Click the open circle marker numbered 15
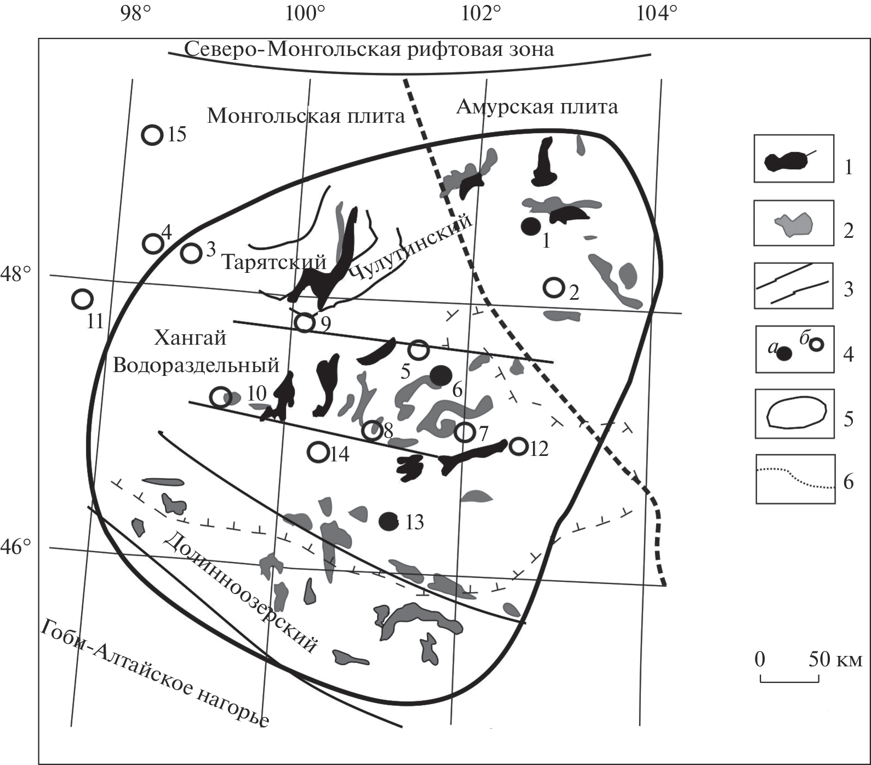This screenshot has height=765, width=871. [x=152, y=135]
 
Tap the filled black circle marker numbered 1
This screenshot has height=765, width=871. [x=530, y=226]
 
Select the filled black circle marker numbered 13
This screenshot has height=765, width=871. [x=389, y=521]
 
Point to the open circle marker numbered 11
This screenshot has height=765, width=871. [x=82, y=299]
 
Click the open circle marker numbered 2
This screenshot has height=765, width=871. [x=554, y=287]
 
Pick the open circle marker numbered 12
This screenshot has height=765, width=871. [x=518, y=447]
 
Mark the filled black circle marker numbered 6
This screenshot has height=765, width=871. [x=440, y=375]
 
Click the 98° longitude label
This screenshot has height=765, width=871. [x=136, y=13]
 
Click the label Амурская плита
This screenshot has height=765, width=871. [x=537, y=106]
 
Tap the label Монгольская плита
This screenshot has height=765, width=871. [x=306, y=116]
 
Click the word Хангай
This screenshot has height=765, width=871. [x=190, y=338]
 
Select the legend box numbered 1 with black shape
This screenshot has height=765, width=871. [x=794, y=159]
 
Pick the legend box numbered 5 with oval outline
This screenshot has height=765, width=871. [x=794, y=414]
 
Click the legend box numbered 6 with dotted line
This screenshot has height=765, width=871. [x=795, y=479]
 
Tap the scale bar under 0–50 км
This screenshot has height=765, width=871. [x=789, y=681]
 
